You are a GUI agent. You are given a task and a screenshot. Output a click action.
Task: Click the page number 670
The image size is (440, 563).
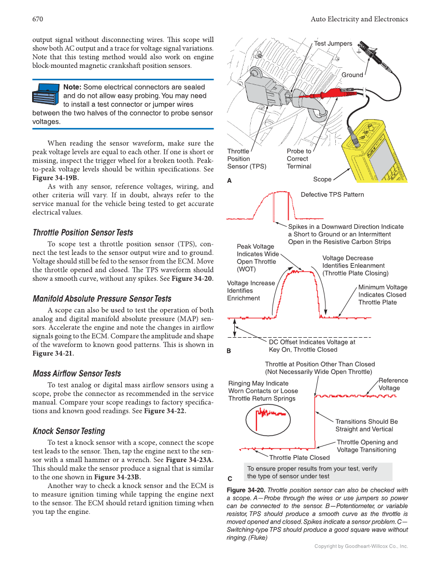tap(37, 19)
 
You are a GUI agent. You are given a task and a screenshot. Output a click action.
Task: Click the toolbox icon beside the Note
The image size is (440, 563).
tap(46, 96)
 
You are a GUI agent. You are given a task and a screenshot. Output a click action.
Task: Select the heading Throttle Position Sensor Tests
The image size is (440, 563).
tap(82, 233)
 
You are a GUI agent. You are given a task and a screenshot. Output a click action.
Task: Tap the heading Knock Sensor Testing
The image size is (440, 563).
tap(68, 431)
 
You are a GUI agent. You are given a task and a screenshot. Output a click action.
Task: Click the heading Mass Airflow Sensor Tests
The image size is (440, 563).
tap(77, 373)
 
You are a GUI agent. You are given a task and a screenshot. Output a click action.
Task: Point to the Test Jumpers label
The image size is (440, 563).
tap(333, 44)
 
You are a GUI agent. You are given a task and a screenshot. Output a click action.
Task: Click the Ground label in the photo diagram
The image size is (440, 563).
tap(352, 75)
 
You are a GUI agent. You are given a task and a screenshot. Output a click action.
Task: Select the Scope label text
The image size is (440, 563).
tap(322, 179)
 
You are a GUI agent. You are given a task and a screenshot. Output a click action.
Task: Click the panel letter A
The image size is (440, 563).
tap(230, 181)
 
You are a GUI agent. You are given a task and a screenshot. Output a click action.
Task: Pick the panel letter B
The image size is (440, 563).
tap(230, 351)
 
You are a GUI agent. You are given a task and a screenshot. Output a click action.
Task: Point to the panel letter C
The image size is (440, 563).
tap(230, 477)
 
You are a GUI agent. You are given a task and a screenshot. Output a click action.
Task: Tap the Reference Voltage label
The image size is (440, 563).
tap(393, 384)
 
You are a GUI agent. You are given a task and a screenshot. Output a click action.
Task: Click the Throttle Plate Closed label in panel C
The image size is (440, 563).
tap(299, 457)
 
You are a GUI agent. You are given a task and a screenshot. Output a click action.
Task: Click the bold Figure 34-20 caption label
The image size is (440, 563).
tap(246, 490)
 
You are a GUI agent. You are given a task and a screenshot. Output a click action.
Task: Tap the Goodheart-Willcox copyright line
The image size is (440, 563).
tap(361, 546)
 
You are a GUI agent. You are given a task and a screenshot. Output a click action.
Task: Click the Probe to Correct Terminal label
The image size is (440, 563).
tap(299, 159)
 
